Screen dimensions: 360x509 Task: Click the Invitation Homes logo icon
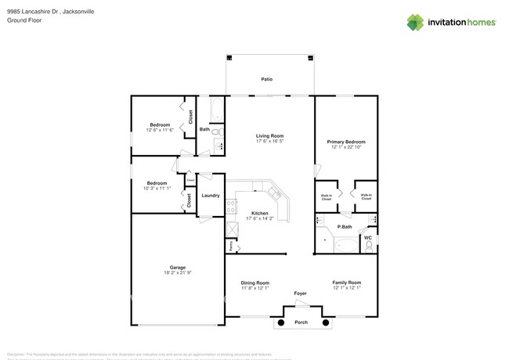415,22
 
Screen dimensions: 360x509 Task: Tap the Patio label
267,79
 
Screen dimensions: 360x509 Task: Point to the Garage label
178,266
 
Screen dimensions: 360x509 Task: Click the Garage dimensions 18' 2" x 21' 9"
178,272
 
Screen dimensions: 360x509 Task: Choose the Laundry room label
210,195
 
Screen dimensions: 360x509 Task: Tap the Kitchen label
259,213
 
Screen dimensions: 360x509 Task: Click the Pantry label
231,246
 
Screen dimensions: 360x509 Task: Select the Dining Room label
255,283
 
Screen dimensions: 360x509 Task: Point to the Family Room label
346,283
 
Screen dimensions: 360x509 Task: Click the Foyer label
301,294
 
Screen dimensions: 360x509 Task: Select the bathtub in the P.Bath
345,246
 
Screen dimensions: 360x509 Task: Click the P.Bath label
345,227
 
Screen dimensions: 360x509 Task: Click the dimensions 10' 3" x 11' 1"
157,189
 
